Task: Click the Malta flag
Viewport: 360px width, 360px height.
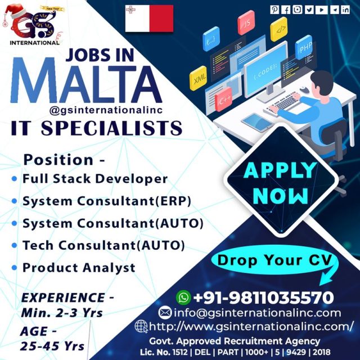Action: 149,19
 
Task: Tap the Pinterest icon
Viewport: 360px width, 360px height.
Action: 274,10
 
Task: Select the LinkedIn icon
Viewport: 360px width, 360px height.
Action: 345,10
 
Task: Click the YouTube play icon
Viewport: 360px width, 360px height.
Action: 321,10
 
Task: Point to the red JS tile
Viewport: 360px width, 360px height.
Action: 246,22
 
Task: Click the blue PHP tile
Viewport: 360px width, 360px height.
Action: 304,47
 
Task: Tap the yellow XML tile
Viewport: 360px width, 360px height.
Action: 199,78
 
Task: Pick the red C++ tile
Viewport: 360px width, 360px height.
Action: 223,100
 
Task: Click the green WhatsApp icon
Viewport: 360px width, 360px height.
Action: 183,298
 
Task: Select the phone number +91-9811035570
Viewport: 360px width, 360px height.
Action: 263,298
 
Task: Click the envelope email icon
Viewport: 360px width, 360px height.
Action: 165,313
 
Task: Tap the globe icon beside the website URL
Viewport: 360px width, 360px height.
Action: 141,326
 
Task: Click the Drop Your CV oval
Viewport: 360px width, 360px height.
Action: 274,260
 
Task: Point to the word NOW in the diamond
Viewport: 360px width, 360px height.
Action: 280,196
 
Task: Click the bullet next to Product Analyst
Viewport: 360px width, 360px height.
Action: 14,268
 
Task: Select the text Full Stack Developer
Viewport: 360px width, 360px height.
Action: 95,179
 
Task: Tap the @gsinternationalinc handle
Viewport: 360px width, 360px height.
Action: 106,110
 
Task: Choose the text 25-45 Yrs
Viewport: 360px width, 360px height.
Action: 52,346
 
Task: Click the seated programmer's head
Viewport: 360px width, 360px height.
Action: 322,82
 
